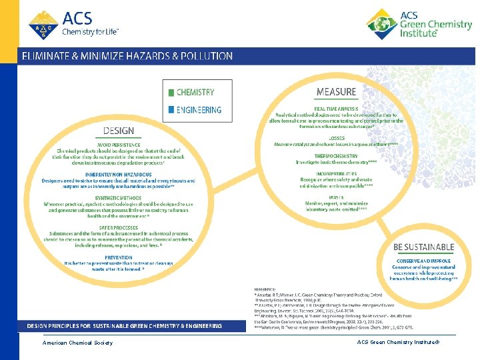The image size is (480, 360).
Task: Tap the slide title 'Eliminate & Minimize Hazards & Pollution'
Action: pos(127,56)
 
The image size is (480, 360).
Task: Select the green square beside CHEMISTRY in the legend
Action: pos(171,93)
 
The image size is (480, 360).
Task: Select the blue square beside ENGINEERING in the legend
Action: pos(171,109)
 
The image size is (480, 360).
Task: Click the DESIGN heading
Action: pos(119,131)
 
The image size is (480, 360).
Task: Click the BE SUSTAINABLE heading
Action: pos(424,247)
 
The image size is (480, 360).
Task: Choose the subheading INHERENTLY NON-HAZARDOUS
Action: pos(118,175)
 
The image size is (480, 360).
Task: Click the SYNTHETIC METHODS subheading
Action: pos(118,197)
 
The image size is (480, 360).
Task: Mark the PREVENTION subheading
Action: pos(118,257)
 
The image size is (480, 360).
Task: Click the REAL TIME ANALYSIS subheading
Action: pos(336,108)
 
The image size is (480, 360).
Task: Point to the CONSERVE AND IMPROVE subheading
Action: pos(424,260)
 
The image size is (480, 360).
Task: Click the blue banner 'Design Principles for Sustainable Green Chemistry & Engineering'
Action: pos(124,325)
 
